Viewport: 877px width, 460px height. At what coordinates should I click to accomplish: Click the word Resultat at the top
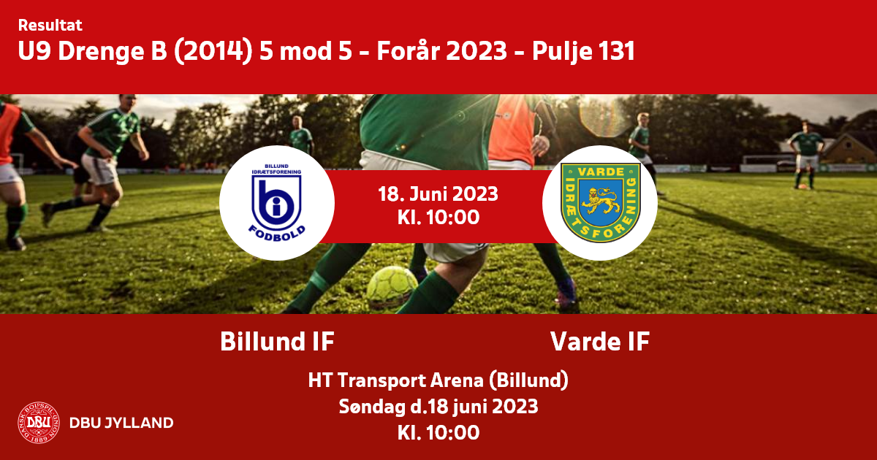[x=50, y=25]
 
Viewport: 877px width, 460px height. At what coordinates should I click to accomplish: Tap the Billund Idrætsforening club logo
[x=276, y=203]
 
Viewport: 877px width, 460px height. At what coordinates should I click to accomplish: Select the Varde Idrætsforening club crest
[x=600, y=203]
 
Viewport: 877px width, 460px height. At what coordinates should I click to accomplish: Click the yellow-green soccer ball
[x=392, y=287]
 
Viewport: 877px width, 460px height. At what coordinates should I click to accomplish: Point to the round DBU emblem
[x=39, y=423]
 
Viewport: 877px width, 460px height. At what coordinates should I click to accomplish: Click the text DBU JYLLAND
[x=121, y=423]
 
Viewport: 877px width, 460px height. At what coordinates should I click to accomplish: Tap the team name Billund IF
[x=277, y=342]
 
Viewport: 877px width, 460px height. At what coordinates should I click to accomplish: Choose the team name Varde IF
[x=600, y=342]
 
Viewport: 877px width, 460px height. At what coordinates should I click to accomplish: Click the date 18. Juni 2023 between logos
[x=438, y=194]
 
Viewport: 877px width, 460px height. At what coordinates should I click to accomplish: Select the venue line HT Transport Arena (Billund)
[x=438, y=380]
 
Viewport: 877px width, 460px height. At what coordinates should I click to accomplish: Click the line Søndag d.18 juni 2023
[x=438, y=407]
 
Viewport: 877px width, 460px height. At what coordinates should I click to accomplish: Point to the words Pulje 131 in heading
[x=583, y=52]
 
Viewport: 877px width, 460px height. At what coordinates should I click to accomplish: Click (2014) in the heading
[x=213, y=52]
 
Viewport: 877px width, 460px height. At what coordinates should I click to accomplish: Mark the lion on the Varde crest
[x=599, y=200]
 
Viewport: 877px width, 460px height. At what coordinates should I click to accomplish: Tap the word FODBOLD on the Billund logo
[x=277, y=233]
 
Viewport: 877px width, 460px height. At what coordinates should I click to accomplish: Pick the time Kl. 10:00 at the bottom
[x=438, y=432]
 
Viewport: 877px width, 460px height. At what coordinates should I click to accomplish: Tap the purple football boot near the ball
[x=566, y=291]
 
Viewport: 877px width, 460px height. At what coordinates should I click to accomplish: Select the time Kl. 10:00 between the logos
[x=438, y=218]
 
